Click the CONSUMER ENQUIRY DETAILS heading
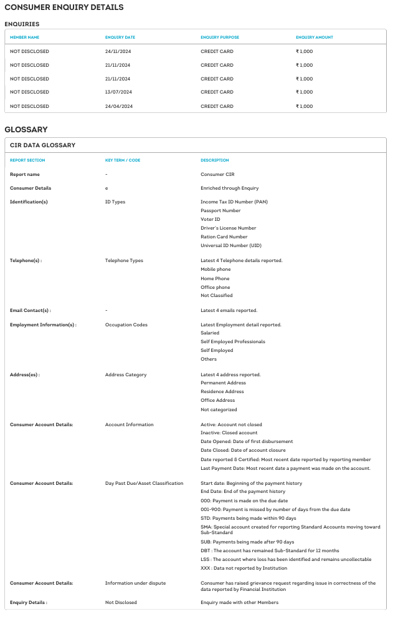64,7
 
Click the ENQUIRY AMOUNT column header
314,37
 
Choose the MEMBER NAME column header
24,37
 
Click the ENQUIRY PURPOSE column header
219,37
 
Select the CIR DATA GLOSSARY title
42,145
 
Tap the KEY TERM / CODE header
123,160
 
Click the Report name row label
25,174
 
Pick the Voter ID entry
210,219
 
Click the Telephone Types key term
124,260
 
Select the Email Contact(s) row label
31,310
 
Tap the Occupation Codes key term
126,324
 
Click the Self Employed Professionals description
232,341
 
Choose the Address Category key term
126,374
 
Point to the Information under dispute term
135,583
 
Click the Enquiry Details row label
29,602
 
